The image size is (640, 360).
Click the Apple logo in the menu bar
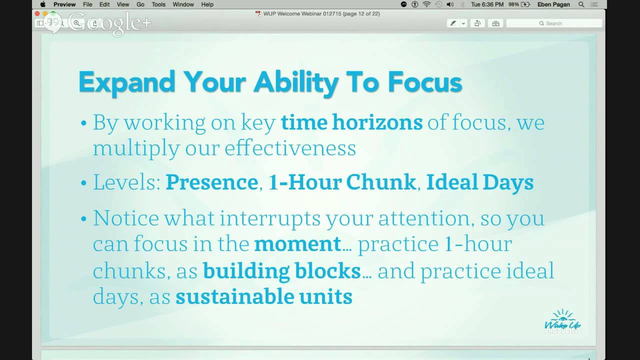point(43,4)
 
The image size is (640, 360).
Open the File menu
point(87,4)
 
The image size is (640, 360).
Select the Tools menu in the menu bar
point(158,4)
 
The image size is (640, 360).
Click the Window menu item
point(183,4)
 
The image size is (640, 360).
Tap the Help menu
point(207,4)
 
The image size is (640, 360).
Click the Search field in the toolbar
point(554,23)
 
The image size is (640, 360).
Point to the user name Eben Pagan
point(553,4)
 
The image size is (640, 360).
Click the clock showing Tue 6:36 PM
point(487,4)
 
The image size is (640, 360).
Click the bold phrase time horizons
point(351,122)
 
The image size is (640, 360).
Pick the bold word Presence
point(211,182)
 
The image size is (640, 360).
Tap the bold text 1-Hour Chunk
point(342,182)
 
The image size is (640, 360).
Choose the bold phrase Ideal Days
point(479,182)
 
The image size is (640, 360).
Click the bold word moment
point(297,244)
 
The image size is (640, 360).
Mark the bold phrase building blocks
point(281,270)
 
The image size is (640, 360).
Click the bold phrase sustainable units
point(263,296)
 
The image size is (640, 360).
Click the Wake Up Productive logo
point(562,321)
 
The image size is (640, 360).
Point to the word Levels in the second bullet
point(126,182)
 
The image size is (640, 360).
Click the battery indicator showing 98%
point(519,4)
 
